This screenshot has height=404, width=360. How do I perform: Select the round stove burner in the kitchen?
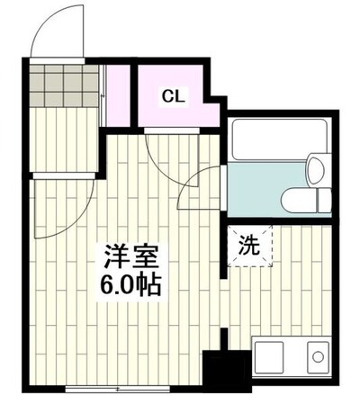[318, 357]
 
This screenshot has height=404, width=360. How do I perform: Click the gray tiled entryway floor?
[64, 85]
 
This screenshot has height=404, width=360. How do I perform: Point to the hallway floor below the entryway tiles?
[64, 139]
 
